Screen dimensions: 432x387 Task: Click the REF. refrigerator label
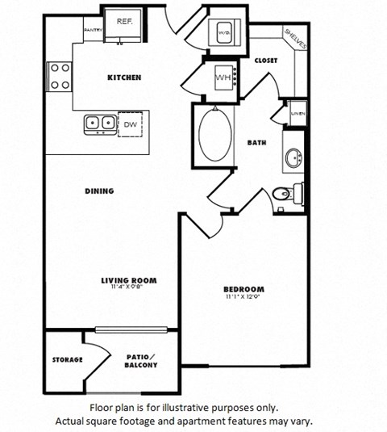(124, 22)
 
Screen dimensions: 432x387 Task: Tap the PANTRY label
(92, 31)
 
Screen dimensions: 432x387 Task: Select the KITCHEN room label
(125, 78)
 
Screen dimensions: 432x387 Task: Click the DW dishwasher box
(130, 124)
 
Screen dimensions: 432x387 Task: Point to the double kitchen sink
(99, 123)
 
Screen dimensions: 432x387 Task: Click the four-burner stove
(60, 77)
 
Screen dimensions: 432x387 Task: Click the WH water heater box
(222, 78)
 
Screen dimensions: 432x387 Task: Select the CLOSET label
(266, 60)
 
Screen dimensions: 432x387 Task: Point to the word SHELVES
(295, 39)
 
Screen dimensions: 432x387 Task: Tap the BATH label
(257, 143)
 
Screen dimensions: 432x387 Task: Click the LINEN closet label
(297, 115)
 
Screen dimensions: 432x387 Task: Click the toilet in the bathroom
(285, 193)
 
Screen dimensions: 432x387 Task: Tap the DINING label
(98, 191)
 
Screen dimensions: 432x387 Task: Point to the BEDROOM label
(243, 289)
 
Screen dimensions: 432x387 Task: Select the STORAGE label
(67, 359)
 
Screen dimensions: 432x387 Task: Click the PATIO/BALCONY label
(142, 360)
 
